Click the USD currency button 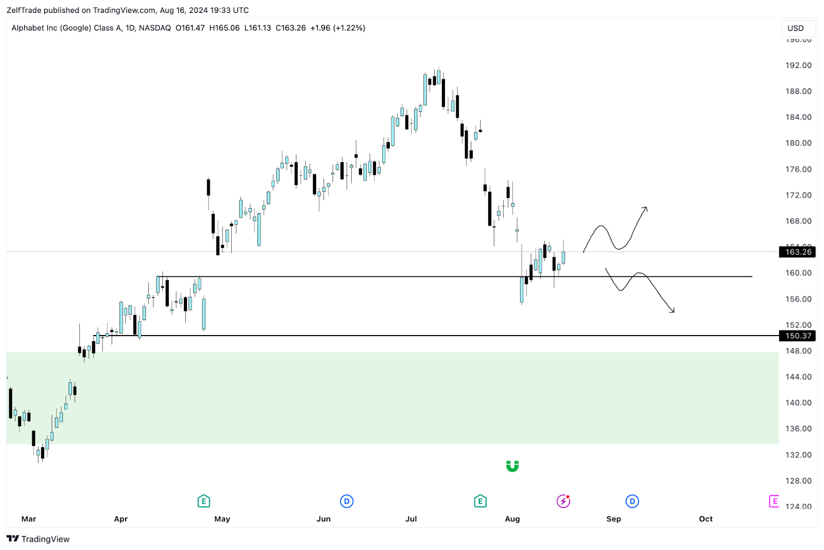click(796, 28)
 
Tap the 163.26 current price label click(798, 252)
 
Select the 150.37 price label click(798, 336)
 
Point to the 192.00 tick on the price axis click(798, 65)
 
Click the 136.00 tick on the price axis click(798, 429)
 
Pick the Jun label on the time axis click(323, 519)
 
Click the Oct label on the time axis click(706, 519)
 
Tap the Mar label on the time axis click(29, 519)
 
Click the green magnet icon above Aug click(512, 466)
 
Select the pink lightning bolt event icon click(563, 501)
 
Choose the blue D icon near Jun click(347, 501)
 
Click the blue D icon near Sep click(632, 501)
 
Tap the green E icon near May click(203, 501)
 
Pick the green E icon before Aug click(480, 501)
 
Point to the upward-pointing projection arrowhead click(646, 208)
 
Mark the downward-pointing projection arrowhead click(673, 311)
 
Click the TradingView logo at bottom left click(38, 539)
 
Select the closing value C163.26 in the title click(290, 28)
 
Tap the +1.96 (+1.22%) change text click(338, 28)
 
